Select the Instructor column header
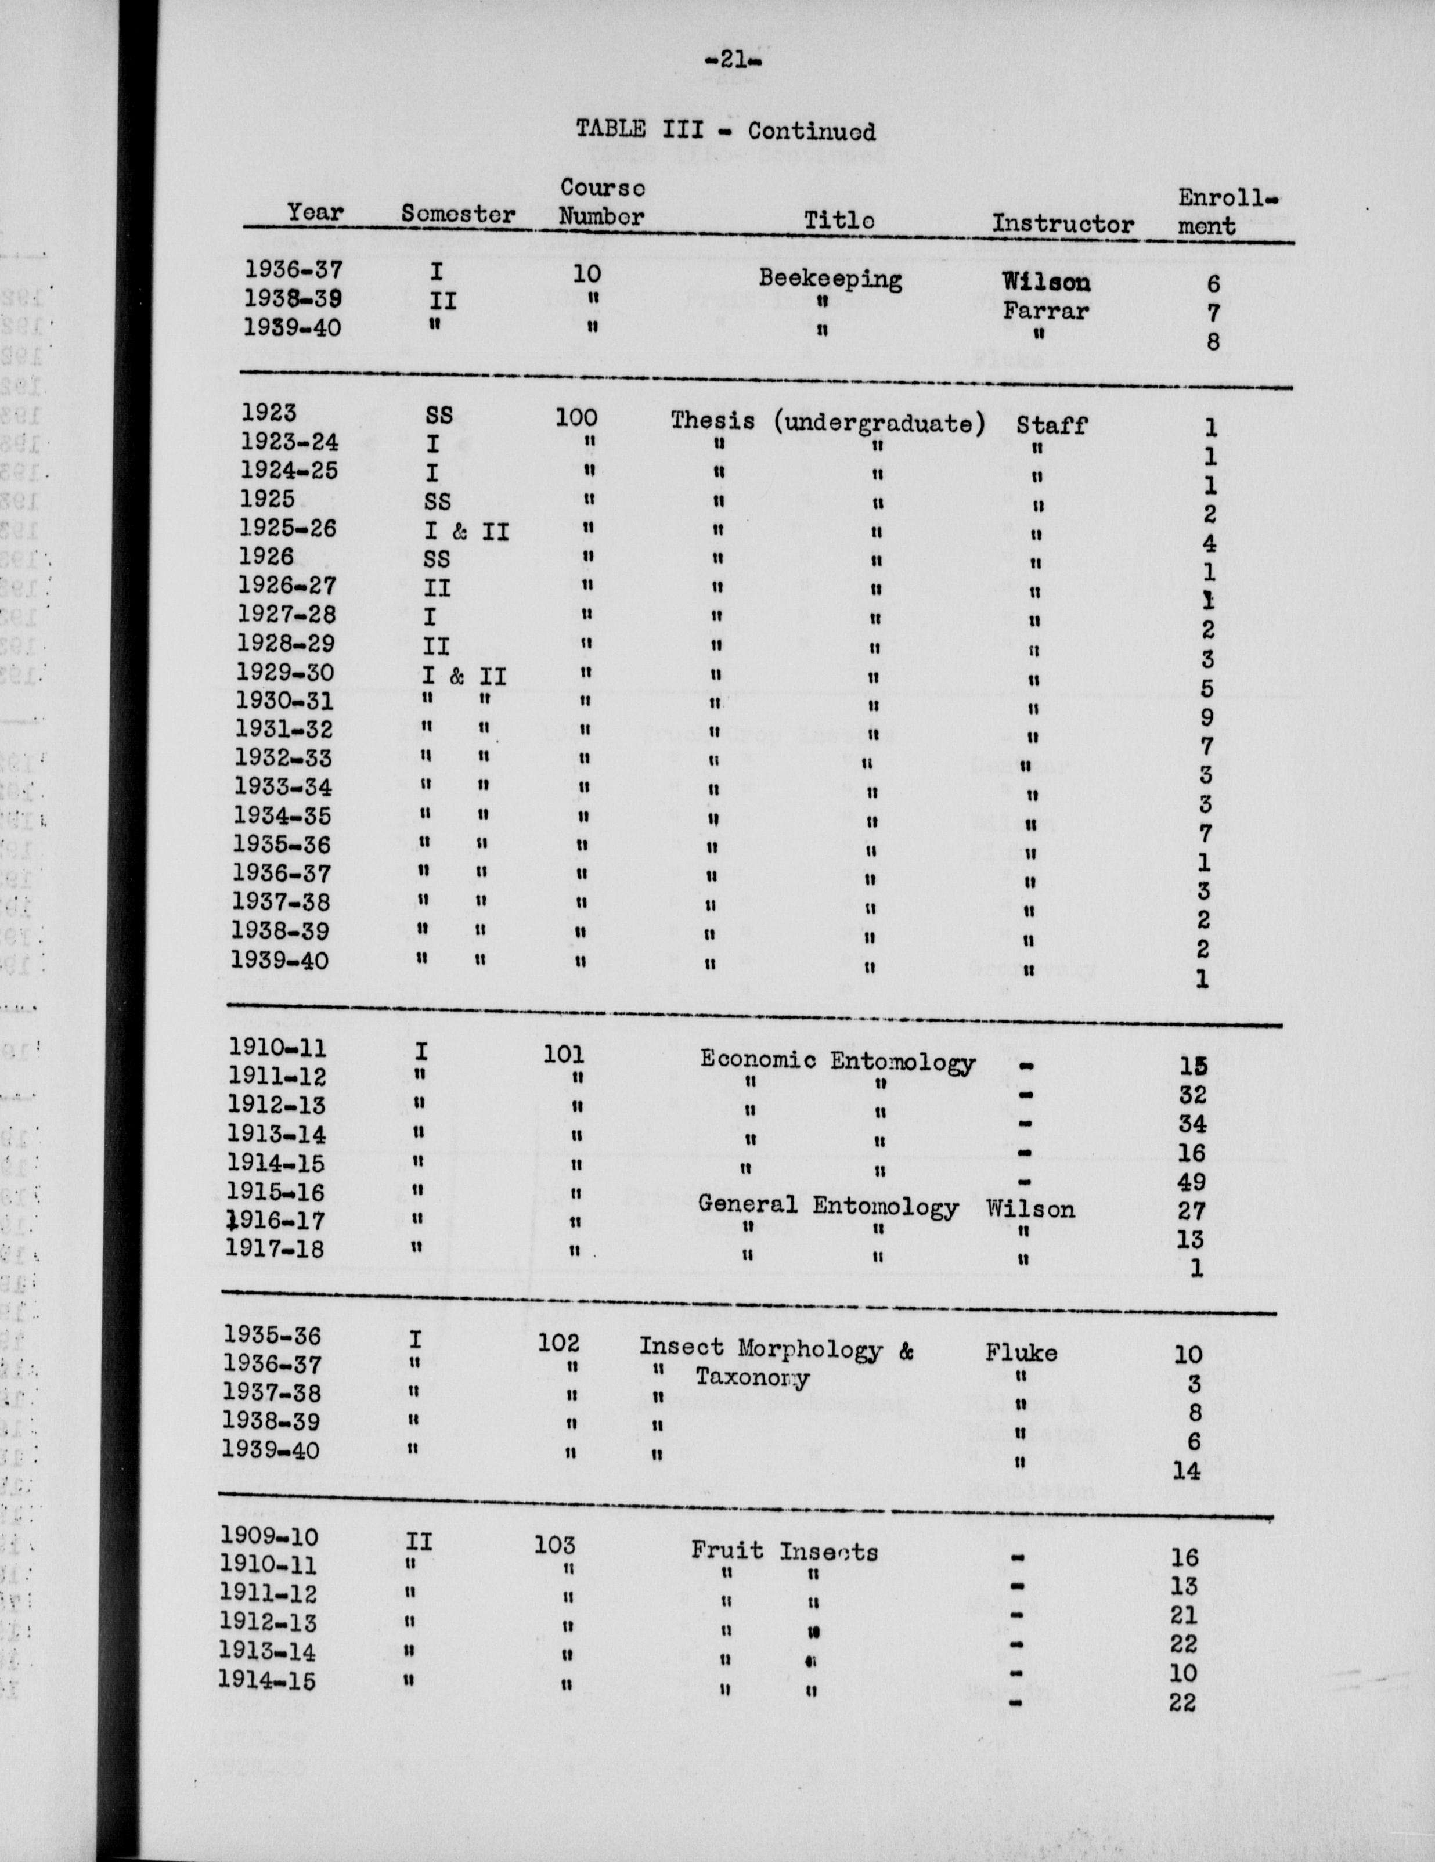1062,223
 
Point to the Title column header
839,220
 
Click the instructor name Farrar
1045,311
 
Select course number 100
576,418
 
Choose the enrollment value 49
1191,1182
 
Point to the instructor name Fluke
1021,1352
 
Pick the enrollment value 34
1192,1124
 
